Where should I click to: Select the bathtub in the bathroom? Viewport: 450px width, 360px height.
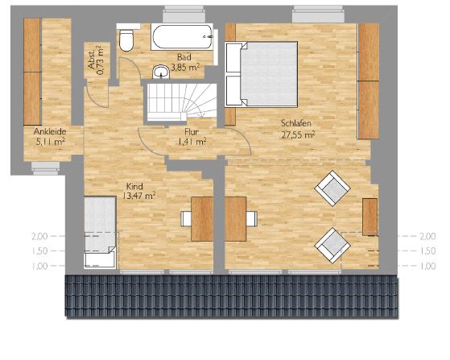click(x=182, y=37)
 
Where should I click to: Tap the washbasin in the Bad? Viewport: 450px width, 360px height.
click(x=161, y=72)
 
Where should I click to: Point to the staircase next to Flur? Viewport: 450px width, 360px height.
click(x=181, y=102)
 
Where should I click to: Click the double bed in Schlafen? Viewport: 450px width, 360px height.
click(x=261, y=75)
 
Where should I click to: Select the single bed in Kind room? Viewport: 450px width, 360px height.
click(x=100, y=233)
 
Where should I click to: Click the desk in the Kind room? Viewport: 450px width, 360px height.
click(x=202, y=219)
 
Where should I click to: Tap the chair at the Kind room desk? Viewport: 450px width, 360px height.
click(x=186, y=219)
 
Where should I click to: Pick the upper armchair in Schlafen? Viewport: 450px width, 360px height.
click(x=332, y=188)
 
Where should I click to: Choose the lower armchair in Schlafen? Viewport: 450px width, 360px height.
click(x=332, y=246)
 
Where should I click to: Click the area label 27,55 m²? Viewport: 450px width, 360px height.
click(x=298, y=135)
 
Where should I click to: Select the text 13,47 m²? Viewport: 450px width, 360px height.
click(x=139, y=197)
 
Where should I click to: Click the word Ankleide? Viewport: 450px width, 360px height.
click(x=50, y=131)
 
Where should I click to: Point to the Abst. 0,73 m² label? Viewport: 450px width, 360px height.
click(x=96, y=60)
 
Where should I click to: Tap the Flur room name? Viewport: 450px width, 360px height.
click(x=192, y=132)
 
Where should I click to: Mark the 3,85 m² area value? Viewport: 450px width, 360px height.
click(x=185, y=68)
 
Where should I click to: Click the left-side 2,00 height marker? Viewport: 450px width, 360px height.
click(x=39, y=236)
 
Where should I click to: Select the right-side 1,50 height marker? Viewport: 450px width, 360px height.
click(x=428, y=251)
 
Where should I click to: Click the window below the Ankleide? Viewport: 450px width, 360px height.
click(x=46, y=168)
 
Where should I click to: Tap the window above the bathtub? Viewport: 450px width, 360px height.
click(x=184, y=14)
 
